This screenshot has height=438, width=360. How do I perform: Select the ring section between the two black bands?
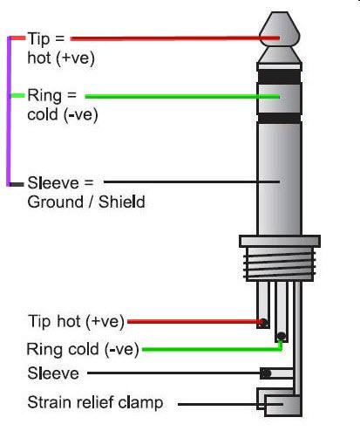tap(279, 97)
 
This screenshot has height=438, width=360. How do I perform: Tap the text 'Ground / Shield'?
tap(86, 202)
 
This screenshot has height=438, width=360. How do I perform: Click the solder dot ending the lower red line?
tap(262, 323)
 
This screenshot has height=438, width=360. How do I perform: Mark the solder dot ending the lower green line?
tap(280, 337)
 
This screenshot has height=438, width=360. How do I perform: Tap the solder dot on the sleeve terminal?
tap(265, 373)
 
